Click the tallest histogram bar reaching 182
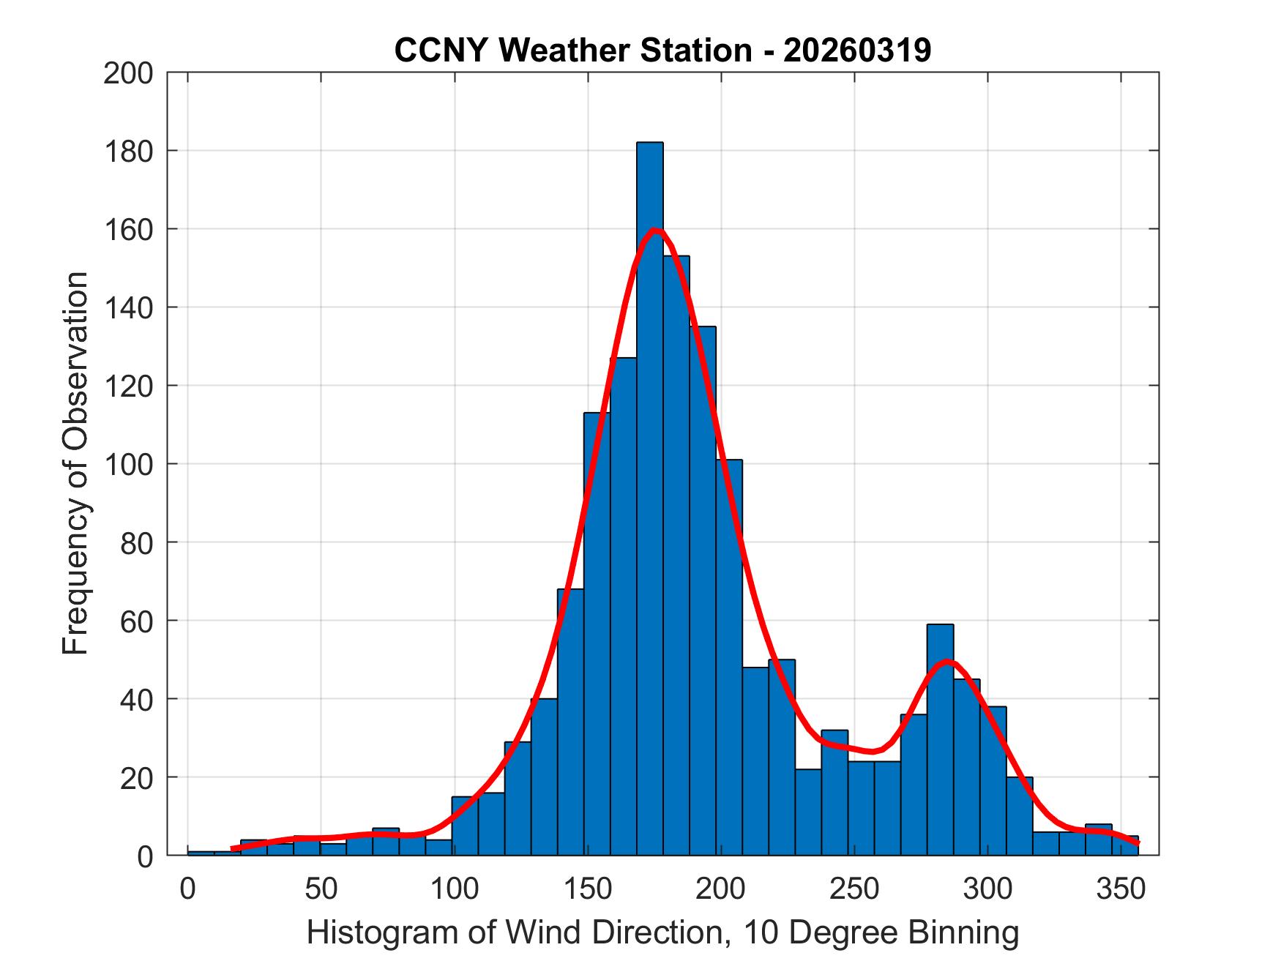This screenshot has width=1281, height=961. click(649, 498)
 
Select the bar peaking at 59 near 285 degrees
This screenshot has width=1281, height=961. click(940, 739)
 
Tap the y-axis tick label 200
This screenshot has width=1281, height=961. click(128, 74)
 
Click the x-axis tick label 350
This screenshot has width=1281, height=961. click(1120, 889)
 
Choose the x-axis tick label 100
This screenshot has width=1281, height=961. click(454, 889)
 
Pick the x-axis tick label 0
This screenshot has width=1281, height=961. click(188, 889)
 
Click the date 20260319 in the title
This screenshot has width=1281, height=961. click(857, 50)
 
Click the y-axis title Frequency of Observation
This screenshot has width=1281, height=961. click(75, 463)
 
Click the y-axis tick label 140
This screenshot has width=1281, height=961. click(128, 308)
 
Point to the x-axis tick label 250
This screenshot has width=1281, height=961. click(854, 889)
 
